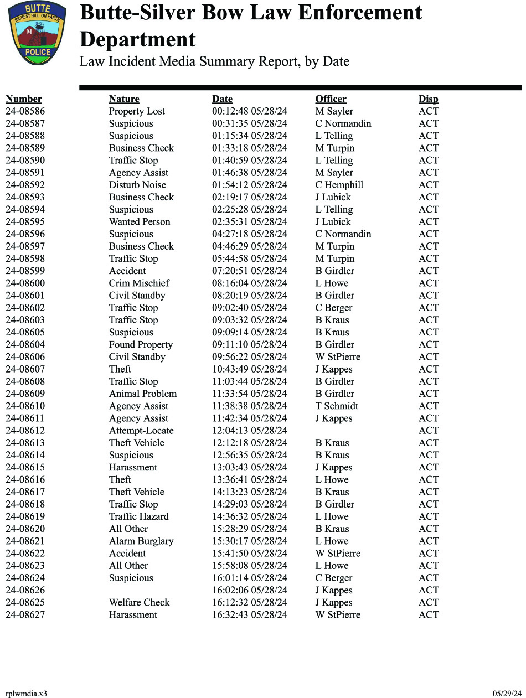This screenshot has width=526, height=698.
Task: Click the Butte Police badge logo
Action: (37, 33)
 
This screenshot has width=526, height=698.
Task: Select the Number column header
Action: (24, 99)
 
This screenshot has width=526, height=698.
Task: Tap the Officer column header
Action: (331, 99)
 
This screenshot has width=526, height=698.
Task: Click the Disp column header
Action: (428, 99)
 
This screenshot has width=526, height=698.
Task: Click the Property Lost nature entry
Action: (137, 111)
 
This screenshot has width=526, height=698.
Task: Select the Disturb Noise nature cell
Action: (137, 185)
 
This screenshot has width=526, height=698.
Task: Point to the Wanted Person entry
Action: (140, 222)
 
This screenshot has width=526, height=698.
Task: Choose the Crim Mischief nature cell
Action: (139, 283)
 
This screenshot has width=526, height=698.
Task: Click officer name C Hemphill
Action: (339, 185)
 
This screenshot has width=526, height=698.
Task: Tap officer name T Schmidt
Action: (337, 406)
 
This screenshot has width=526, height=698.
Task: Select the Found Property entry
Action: (141, 345)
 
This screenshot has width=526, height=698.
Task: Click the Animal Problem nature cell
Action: (143, 394)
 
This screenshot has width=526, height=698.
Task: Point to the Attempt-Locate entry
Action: (141, 431)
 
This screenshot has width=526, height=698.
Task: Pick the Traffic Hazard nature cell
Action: (139, 517)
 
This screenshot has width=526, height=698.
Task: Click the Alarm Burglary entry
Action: (141, 541)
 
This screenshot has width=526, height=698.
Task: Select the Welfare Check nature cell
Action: (139, 603)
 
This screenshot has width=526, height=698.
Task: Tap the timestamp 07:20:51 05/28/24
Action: (250, 271)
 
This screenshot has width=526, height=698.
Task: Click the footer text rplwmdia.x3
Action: (26, 694)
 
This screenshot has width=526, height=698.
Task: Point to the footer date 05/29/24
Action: (507, 694)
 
